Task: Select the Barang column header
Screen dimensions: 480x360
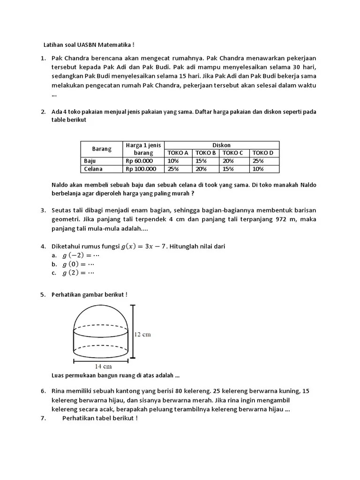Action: coord(102,149)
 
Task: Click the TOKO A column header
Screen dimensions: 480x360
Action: coord(178,153)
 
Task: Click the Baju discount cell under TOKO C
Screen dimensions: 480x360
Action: coord(229,161)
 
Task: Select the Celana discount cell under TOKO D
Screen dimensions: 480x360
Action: coord(258,169)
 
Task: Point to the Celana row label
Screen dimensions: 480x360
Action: coord(93,169)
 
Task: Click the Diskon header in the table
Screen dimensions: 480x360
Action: coord(222,145)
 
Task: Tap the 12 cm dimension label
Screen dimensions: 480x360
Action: coord(142,335)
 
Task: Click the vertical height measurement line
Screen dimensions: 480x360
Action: coord(134,332)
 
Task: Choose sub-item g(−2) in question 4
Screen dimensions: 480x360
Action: coord(78,255)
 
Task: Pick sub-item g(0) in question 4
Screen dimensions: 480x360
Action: coord(76,264)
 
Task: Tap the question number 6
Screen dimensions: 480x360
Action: coord(42,390)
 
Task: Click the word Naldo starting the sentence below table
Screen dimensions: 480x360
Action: coord(61,185)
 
